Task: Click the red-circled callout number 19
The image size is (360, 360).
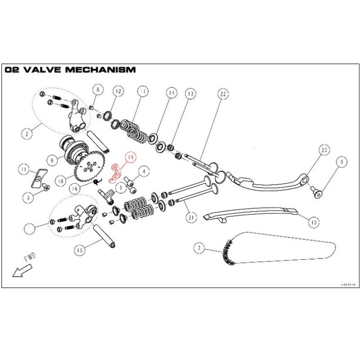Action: tap(130, 157)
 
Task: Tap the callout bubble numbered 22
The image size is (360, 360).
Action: tap(223, 94)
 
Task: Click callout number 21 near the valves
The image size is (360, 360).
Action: tap(192, 217)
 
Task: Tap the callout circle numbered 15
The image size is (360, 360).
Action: tap(80, 249)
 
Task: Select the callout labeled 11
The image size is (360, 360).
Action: tap(23, 169)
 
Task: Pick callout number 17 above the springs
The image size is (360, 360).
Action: tap(143, 91)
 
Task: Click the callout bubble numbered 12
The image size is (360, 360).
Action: tap(117, 91)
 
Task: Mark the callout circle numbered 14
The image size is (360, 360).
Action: tap(171, 93)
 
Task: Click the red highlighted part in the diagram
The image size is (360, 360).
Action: tap(117, 171)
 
